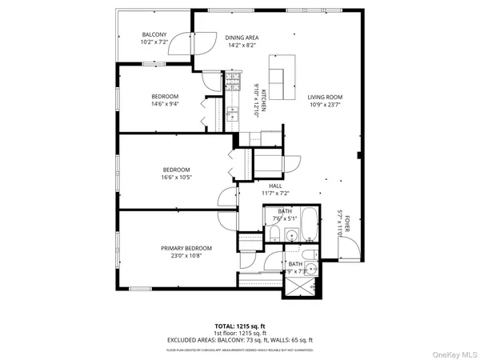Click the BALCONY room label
click(x=154, y=35)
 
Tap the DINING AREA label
click(x=241, y=38)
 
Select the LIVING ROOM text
click(x=325, y=97)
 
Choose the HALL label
click(x=274, y=186)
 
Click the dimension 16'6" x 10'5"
click(x=176, y=178)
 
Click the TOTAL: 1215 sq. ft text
click(x=240, y=326)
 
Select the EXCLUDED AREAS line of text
click(x=240, y=340)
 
